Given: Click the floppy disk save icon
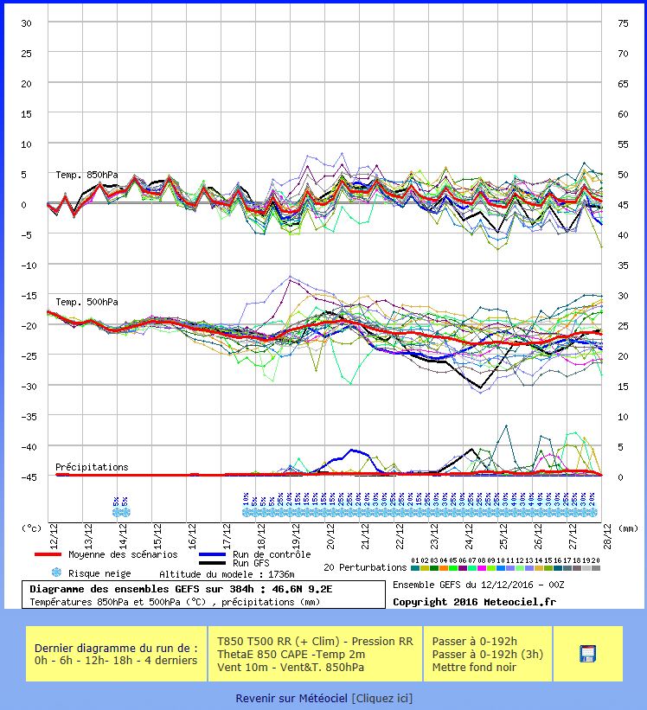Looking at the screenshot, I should (x=588, y=654).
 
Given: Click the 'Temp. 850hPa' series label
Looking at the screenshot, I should (x=87, y=175).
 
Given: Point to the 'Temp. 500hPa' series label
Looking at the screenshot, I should (x=87, y=302).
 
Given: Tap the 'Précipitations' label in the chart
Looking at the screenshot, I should (x=92, y=467).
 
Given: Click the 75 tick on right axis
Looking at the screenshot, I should (x=622, y=23).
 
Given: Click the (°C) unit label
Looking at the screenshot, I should (x=31, y=527).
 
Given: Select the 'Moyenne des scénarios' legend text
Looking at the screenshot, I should (x=122, y=554).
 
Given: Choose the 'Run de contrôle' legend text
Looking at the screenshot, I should (x=272, y=554).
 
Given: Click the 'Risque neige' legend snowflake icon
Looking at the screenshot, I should (x=57, y=572).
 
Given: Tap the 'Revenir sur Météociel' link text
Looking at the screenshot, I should (x=291, y=698).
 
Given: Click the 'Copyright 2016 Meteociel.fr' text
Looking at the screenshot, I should (x=473, y=602).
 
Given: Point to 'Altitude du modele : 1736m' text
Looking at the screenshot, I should (x=227, y=573).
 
